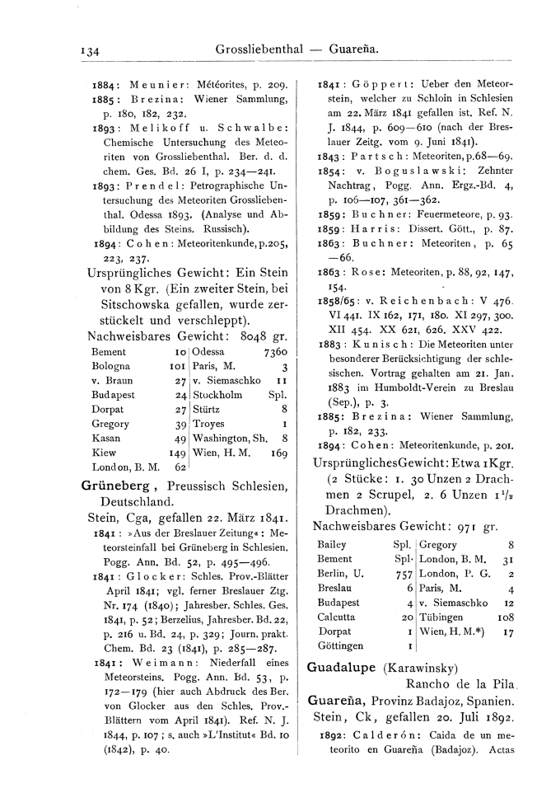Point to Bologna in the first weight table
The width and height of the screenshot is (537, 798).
(106, 366)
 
